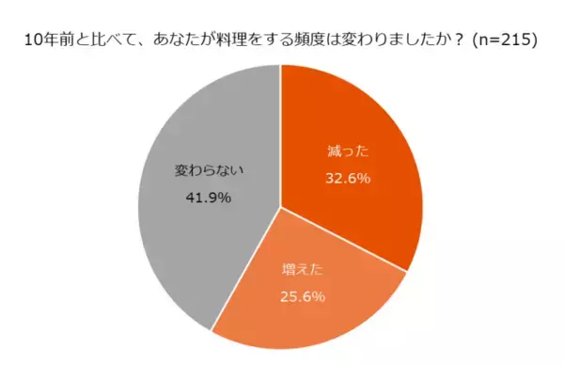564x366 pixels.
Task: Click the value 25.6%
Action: point(303,297)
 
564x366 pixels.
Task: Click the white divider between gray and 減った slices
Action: point(280,132)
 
